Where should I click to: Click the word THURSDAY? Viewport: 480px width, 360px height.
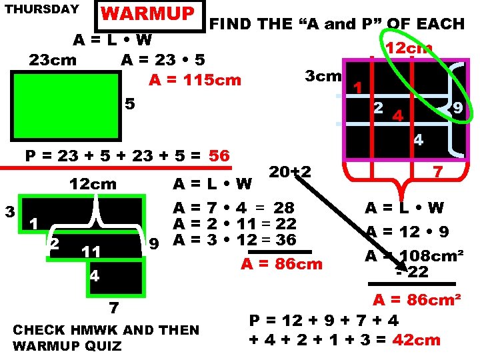coord(41,10)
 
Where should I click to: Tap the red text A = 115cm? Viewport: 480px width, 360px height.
coord(195,80)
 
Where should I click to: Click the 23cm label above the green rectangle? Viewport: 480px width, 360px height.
coord(53,60)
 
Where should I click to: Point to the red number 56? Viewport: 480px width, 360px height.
coord(219,156)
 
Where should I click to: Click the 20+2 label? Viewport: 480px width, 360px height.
coord(290,171)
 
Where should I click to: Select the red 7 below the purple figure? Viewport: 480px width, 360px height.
coord(438,172)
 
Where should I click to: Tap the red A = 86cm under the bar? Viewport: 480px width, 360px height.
coord(281,264)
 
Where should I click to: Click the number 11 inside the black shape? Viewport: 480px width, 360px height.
coord(91,251)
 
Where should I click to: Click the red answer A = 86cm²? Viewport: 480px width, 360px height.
coord(416,299)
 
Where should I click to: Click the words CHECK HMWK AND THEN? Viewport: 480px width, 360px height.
coord(106,330)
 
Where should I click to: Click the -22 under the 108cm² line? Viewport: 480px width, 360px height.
coord(411,271)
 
